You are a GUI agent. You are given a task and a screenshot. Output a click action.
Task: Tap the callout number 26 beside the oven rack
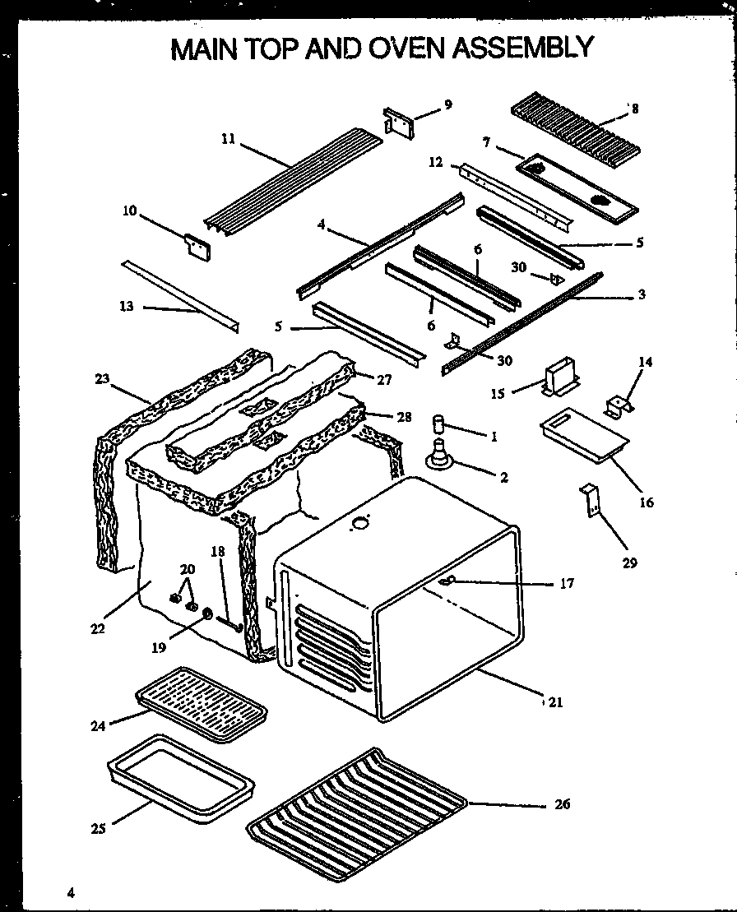562,804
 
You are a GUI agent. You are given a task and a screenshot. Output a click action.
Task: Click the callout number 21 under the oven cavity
555,702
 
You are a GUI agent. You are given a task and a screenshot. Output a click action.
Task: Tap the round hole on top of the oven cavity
359,523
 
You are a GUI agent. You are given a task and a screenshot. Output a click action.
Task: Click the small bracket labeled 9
400,121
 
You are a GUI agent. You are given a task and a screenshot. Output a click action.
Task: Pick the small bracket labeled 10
197,248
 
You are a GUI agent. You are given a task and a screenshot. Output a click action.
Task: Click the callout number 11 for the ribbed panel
228,140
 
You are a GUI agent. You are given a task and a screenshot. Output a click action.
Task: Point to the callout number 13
126,307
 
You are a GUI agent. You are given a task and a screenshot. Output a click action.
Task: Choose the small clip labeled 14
619,405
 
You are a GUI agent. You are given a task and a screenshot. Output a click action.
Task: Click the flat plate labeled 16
583,434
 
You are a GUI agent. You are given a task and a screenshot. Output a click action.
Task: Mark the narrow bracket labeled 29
590,502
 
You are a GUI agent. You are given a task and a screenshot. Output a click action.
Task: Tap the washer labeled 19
206,613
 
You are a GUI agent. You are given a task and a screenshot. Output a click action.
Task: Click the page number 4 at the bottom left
72,893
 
